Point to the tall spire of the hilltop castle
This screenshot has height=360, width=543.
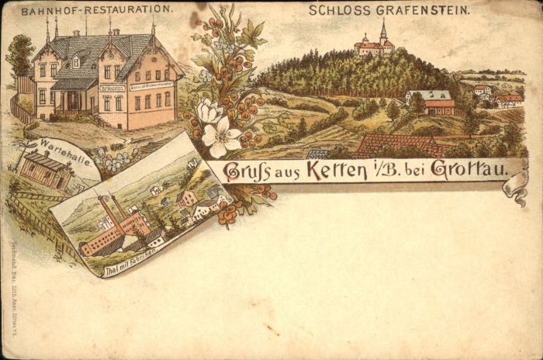point(382,31)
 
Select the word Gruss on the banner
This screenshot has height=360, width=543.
point(247,171)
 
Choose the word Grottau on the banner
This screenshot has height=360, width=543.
point(468,169)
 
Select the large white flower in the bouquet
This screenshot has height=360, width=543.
point(223,137)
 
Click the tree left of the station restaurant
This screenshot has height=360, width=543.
point(19,56)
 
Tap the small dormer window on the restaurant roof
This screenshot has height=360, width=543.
point(76,61)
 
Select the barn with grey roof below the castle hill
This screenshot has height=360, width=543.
point(431,101)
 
